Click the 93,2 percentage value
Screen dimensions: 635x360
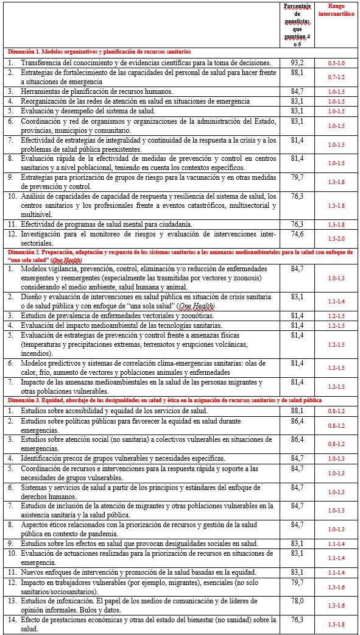point(297,62)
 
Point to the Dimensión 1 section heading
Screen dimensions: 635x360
point(99,52)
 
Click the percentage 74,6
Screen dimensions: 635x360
point(297,233)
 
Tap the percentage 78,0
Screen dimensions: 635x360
point(297,600)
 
